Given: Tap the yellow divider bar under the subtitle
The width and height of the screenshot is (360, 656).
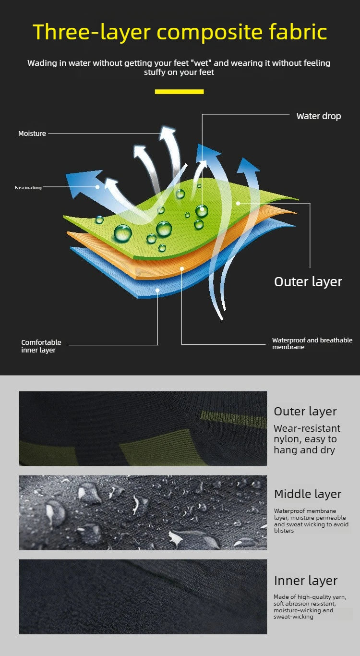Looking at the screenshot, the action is [x=179, y=92].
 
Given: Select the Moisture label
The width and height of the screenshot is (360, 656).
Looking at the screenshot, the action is [x=32, y=134].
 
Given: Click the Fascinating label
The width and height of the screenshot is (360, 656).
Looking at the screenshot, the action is [x=28, y=187].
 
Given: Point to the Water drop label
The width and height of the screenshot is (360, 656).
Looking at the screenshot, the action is [x=319, y=116].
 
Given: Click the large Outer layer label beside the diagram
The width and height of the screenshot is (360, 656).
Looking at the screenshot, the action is [x=308, y=282].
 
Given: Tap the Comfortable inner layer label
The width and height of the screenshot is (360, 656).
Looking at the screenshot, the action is [x=41, y=346].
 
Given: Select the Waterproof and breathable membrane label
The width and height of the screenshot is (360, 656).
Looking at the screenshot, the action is [x=312, y=343].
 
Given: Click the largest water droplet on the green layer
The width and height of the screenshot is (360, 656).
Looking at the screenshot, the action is [x=122, y=233].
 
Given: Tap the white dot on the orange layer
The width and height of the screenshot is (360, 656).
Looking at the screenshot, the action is [x=182, y=268].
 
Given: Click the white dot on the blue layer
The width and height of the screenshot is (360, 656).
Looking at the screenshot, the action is [x=157, y=290].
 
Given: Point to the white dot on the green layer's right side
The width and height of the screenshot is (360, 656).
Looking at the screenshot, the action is [x=238, y=203].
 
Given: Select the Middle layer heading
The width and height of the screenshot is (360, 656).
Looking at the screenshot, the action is [x=308, y=494].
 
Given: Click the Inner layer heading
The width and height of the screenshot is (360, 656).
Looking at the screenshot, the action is [x=306, y=581].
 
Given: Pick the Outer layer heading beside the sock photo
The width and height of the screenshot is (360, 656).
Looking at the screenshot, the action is [x=305, y=412].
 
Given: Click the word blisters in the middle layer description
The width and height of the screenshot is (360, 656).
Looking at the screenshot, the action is [x=284, y=531].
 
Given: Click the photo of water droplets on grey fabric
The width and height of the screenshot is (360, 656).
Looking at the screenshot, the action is [x=143, y=512].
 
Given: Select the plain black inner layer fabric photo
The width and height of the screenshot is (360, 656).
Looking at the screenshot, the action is [x=143, y=596].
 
